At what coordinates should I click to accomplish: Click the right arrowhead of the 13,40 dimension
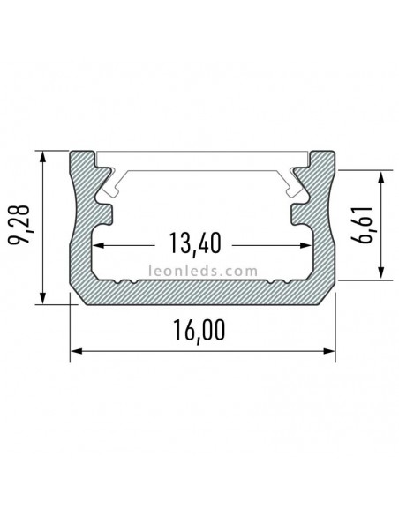[308, 248]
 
